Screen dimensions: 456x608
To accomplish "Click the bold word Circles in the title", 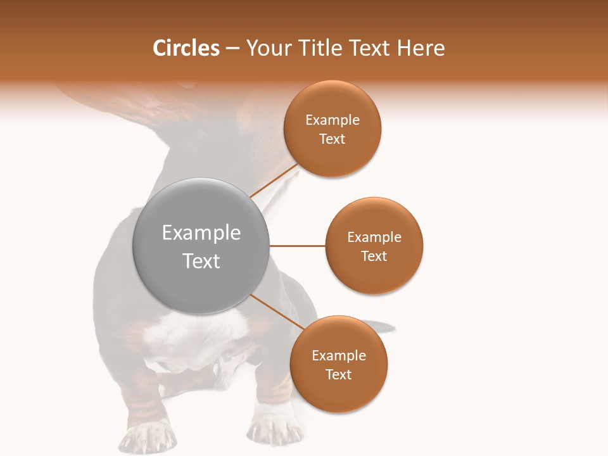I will tap(186, 48).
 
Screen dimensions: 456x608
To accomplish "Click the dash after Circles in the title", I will tap(232, 49).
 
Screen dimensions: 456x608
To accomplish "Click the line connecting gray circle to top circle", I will tap(274, 180).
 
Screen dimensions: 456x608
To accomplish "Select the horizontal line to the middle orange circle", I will tap(298, 246).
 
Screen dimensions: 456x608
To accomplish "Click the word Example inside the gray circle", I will tap(201, 233).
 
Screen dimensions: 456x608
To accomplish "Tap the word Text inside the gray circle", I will tap(201, 261).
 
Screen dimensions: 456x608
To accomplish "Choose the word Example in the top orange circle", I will tap(332, 120).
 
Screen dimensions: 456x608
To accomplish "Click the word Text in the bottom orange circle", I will tap(339, 374).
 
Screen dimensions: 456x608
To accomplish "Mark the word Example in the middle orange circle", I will tap(374, 237).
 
